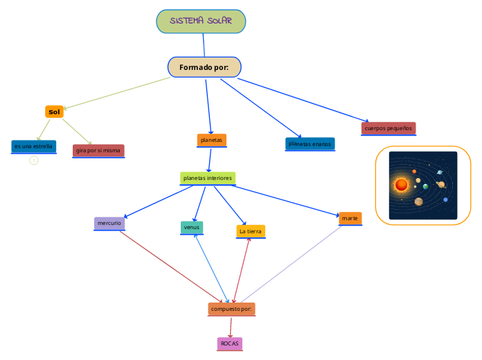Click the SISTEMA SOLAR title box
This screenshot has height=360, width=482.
(201, 21)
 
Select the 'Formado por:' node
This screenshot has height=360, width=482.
(204, 67)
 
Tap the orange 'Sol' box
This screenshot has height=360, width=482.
(54, 111)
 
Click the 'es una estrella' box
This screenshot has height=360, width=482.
(33, 147)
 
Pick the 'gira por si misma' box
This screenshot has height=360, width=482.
(98, 150)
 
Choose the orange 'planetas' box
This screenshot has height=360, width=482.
(211, 140)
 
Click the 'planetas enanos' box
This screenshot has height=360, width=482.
(310, 144)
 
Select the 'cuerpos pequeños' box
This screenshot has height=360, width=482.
(389, 128)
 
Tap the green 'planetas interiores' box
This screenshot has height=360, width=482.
(207, 178)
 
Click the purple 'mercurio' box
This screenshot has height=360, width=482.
(109, 223)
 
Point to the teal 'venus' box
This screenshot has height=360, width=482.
(191, 227)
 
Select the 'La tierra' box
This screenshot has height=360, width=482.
(250, 231)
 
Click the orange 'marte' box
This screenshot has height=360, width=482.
(350, 218)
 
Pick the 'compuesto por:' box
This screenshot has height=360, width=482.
(231, 309)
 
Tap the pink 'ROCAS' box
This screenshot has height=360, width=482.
(229, 343)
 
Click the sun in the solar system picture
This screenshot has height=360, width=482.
(401, 185)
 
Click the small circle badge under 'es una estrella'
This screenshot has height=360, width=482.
(33, 161)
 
